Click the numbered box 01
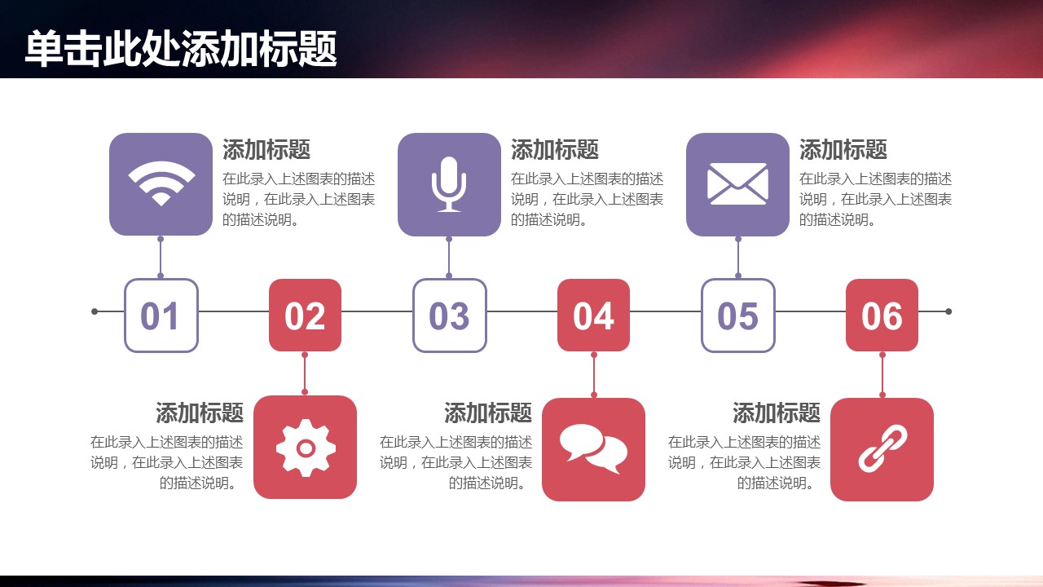click(161, 316)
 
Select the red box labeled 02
click(305, 315)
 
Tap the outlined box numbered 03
click(449, 316)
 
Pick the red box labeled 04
click(594, 315)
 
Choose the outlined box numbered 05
click(738, 316)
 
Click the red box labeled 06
click(882, 315)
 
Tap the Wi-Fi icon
click(161, 183)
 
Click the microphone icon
click(449, 184)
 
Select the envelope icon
click(737, 183)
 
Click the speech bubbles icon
click(593, 449)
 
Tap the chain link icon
click(882, 448)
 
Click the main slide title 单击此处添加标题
click(181, 48)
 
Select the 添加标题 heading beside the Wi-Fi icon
click(266, 149)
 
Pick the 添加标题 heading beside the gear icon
click(200, 413)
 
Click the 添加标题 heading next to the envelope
click(843, 149)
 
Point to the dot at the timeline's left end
click(95, 311)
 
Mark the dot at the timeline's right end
click(948, 311)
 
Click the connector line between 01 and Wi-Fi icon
click(161, 258)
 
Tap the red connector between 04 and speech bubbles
click(594, 375)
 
